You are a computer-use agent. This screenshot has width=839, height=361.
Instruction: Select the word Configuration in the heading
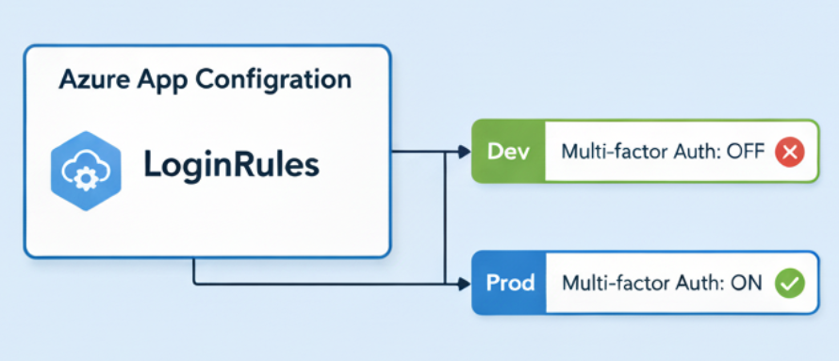pyautogui.click(x=272, y=80)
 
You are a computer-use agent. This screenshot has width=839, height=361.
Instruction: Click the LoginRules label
pyautogui.click(x=232, y=165)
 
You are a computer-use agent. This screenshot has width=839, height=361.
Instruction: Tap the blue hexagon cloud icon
pyautogui.click(x=86, y=170)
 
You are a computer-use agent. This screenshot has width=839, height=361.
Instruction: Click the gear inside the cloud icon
pyautogui.click(x=84, y=180)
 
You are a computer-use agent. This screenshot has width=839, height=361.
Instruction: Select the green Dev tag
pyautogui.click(x=508, y=152)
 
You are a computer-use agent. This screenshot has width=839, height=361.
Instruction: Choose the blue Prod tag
pyautogui.click(x=509, y=283)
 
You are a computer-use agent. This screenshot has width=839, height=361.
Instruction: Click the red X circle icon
pyautogui.click(x=789, y=153)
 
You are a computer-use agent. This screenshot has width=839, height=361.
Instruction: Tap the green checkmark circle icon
pyautogui.click(x=789, y=283)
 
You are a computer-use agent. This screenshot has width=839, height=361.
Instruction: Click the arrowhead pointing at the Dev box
pyautogui.click(x=465, y=153)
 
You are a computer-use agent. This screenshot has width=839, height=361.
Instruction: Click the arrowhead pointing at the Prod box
pyautogui.click(x=465, y=284)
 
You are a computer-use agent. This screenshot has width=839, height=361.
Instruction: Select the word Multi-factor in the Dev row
pyautogui.click(x=609, y=153)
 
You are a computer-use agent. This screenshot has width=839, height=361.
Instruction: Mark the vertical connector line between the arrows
pyautogui.click(x=445, y=219)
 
